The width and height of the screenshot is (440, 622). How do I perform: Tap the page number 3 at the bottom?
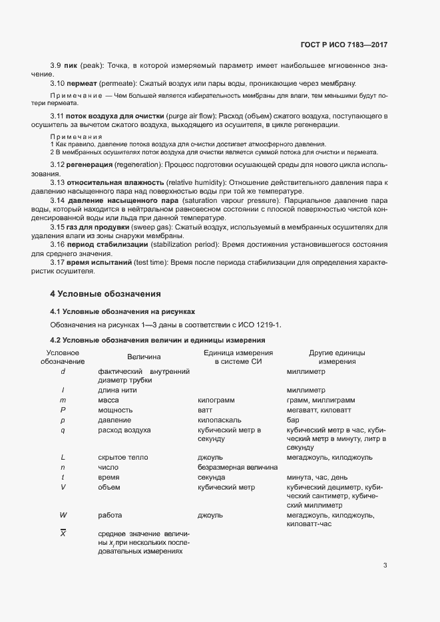385,566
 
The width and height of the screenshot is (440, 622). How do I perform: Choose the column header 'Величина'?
144,357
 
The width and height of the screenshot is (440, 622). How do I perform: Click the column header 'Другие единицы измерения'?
337,357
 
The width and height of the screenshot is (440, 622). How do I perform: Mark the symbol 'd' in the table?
63,371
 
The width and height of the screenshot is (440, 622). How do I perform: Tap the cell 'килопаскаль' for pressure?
220,420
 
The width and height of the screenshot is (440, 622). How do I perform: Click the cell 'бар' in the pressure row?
293,420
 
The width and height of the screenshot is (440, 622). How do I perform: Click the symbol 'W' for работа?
63,516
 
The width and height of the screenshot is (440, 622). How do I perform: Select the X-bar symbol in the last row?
63,534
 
